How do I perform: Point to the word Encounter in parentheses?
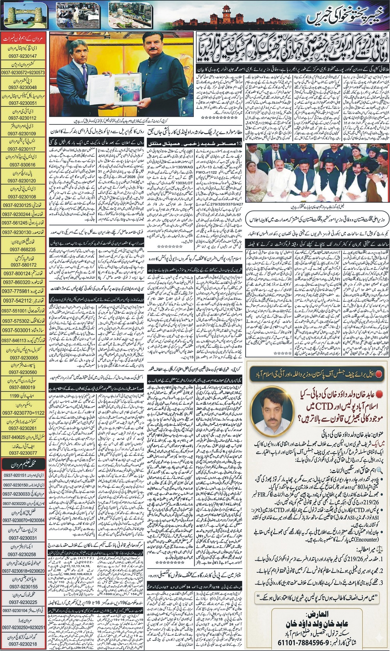[365, 539]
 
